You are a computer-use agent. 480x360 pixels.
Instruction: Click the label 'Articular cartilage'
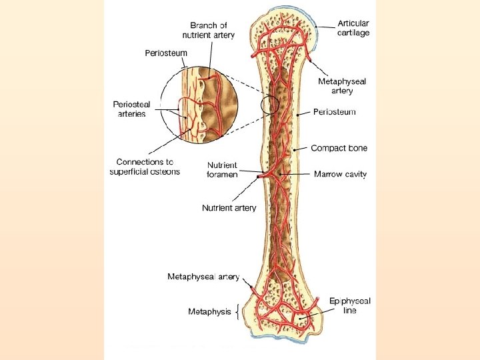353,28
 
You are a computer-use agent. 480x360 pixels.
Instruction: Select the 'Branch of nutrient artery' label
209,31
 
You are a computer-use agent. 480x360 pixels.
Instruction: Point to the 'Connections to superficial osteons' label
145,167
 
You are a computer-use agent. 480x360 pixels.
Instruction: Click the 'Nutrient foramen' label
223,170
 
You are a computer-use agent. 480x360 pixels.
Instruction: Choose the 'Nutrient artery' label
229,208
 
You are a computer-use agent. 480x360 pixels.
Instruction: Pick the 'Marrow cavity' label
340,174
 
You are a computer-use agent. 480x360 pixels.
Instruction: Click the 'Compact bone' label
339,148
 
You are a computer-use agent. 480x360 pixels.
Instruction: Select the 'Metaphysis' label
209,311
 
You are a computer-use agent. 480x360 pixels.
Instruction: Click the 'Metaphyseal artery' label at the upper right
342,86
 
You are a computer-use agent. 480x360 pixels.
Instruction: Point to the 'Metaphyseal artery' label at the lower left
203,277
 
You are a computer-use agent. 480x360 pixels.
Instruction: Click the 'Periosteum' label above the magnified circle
166,53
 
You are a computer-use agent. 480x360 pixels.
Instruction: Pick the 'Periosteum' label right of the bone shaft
334,112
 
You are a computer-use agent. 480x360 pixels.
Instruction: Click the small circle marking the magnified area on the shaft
271,104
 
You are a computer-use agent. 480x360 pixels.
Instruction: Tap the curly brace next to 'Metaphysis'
237,311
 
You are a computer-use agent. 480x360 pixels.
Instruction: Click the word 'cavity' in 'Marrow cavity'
353,174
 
